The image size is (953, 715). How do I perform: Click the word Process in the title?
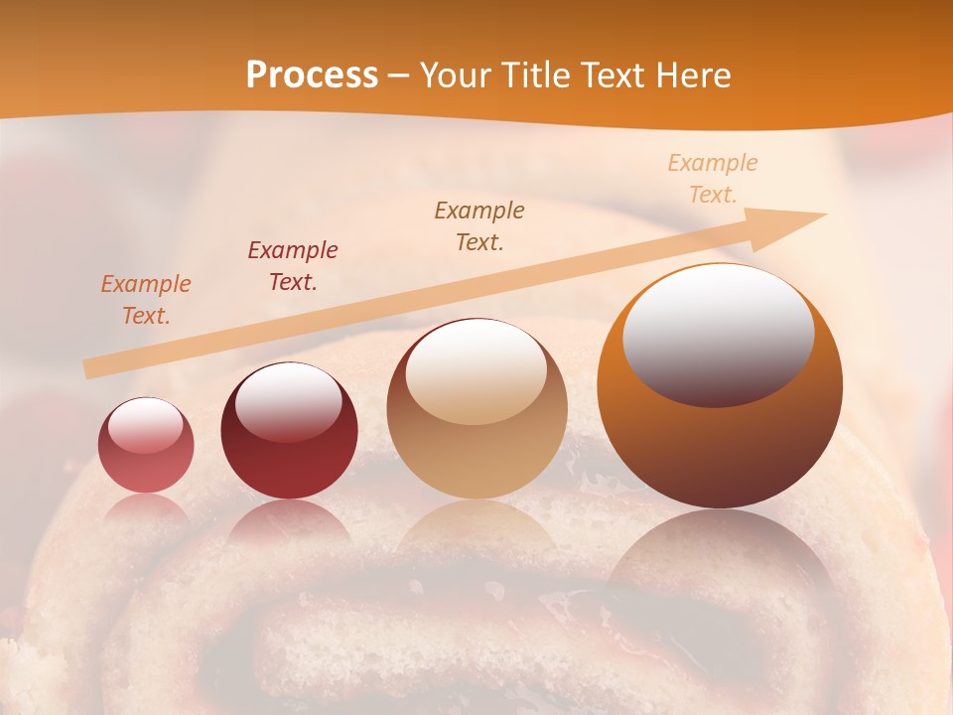tap(312, 75)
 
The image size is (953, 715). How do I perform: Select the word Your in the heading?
tap(456, 75)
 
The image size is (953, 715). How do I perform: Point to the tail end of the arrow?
tap(91, 368)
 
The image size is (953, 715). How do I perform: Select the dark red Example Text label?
tap(293, 266)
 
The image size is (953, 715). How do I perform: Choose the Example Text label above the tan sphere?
tap(479, 226)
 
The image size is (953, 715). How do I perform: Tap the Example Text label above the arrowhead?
tap(713, 179)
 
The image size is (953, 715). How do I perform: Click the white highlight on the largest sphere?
tap(718, 333)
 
